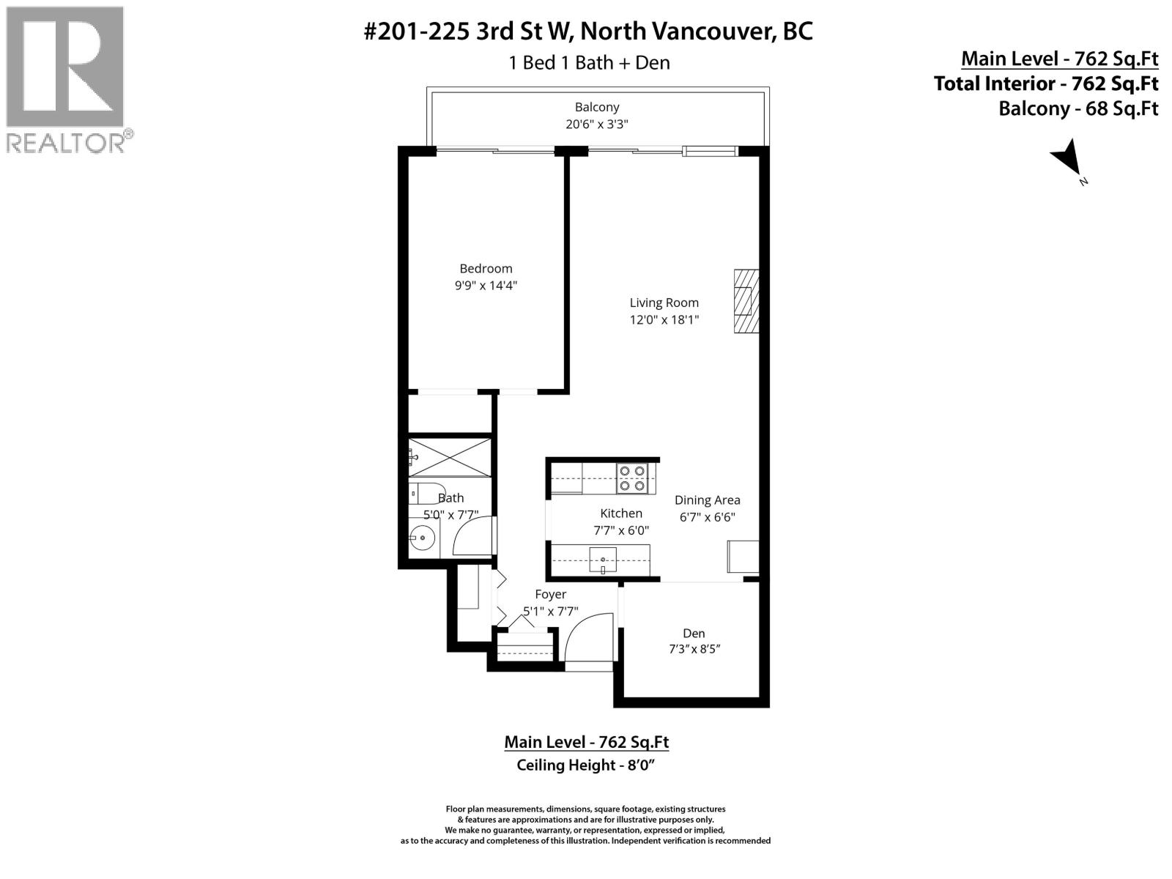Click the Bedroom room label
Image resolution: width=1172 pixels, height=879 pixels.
(x=486, y=269)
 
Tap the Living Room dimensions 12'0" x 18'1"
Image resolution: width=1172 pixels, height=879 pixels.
(x=664, y=320)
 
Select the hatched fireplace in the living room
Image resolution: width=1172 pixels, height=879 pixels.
(x=746, y=301)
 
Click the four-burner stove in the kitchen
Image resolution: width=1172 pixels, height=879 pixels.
(x=632, y=478)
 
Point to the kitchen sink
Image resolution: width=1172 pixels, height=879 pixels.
(x=604, y=560)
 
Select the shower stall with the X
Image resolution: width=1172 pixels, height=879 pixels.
(x=448, y=457)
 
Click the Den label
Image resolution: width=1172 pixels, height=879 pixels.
(x=694, y=634)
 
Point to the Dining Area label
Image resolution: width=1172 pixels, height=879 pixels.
(x=707, y=500)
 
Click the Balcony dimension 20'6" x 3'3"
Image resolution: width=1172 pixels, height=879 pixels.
(x=596, y=125)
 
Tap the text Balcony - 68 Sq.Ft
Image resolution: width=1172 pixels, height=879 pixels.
(x=1078, y=109)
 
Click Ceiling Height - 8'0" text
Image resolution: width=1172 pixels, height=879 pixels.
(x=585, y=765)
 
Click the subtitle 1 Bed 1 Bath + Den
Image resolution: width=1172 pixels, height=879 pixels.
(x=589, y=63)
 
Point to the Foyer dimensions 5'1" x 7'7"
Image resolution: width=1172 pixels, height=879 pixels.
(x=550, y=611)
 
